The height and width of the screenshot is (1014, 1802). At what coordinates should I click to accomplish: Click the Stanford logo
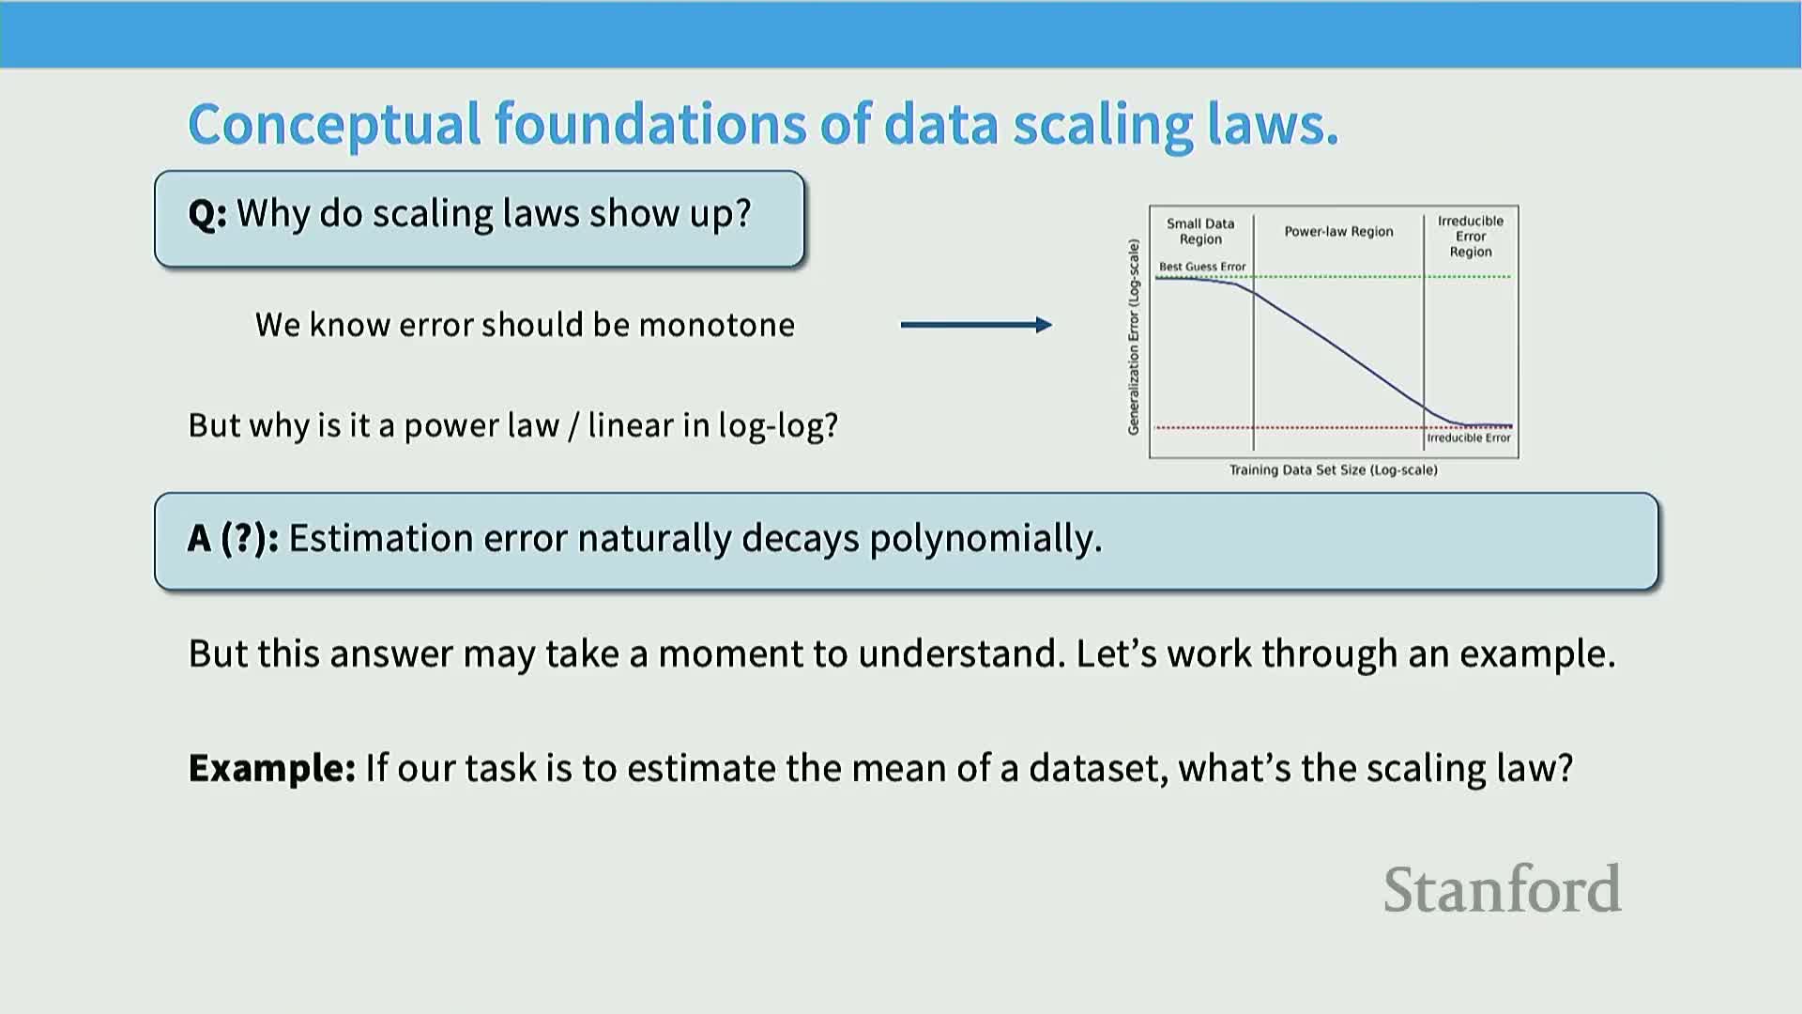tap(1502, 889)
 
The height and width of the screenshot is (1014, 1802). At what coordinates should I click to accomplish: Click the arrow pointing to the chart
tap(976, 325)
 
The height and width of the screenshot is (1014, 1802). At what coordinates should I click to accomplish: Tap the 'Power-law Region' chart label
tap(1338, 232)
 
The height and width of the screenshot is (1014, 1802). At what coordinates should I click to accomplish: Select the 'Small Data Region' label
tap(1200, 231)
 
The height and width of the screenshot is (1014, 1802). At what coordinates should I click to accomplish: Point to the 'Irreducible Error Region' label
tap(1471, 237)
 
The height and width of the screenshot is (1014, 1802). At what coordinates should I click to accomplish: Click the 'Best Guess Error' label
tap(1202, 267)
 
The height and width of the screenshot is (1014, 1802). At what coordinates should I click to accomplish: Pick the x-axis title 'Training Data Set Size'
tap(1334, 469)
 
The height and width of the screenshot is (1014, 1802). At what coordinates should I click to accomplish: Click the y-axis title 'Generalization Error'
tap(1134, 336)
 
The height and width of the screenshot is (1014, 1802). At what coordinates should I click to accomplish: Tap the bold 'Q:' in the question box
tap(207, 214)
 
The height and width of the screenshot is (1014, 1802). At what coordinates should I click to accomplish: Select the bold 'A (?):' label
tap(233, 539)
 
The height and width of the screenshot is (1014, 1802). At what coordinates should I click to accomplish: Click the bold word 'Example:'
tap(272, 769)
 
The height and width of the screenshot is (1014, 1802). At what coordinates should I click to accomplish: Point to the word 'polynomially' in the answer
tap(985, 540)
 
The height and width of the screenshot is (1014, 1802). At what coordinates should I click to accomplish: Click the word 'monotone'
tap(717, 325)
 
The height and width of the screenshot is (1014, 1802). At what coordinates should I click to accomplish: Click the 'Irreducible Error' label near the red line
tap(1469, 438)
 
